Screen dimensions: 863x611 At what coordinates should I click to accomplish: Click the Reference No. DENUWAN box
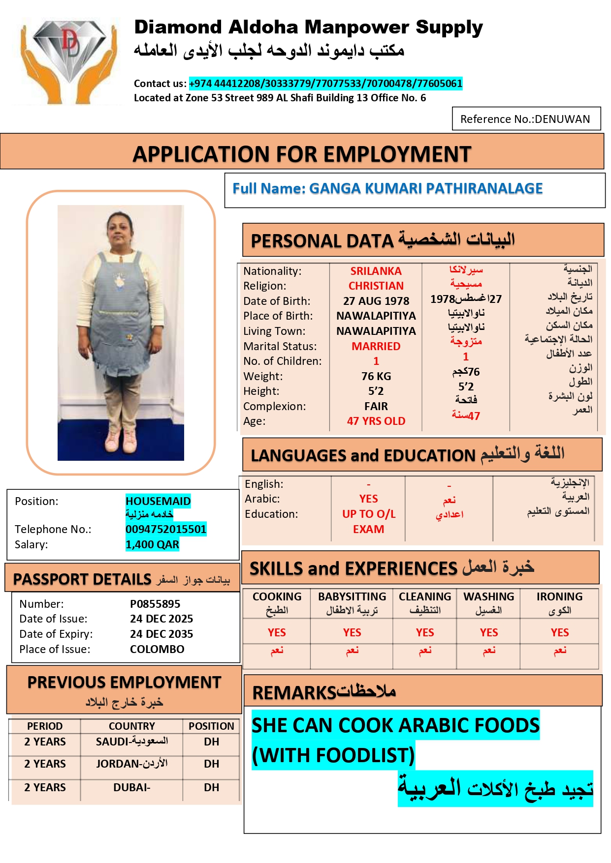click(x=526, y=119)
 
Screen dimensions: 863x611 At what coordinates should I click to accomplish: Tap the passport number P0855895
click(x=155, y=604)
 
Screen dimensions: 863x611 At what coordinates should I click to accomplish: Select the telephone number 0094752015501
click(x=166, y=529)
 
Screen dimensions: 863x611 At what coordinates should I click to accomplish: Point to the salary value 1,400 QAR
click(x=152, y=544)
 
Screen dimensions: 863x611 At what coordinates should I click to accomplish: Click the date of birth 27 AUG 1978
click(x=376, y=301)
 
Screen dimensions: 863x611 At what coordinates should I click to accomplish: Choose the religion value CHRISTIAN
click(x=376, y=286)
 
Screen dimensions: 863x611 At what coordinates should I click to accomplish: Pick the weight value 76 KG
click(x=376, y=376)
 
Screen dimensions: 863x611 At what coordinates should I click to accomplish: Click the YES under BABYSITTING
click(x=352, y=632)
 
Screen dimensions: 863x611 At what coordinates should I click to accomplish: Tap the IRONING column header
click(x=559, y=596)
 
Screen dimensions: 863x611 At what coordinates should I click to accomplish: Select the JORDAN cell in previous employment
click(x=131, y=764)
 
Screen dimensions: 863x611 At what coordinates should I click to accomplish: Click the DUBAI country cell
click(x=131, y=787)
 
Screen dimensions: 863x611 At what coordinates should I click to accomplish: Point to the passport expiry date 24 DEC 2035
click(x=161, y=634)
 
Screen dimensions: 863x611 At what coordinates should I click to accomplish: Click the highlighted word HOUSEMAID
click(x=158, y=501)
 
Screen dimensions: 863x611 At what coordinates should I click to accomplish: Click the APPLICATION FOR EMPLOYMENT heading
click(x=302, y=154)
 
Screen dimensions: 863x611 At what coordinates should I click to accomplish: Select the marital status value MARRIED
click(x=376, y=346)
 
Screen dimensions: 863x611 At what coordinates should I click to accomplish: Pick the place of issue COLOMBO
click(x=157, y=649)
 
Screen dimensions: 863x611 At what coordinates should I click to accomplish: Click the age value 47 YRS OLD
click(x=376, y=421)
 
